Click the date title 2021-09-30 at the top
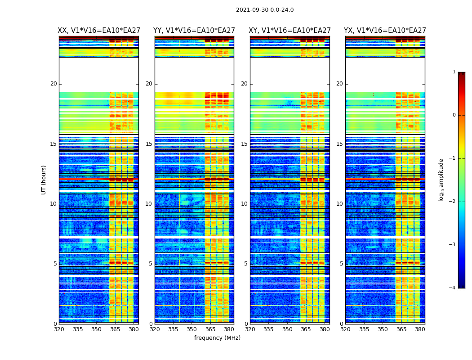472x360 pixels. (265, 10)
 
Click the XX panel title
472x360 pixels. (99, 31)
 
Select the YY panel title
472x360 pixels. (194, 31)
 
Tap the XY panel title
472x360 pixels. (290, 31)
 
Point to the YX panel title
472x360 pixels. (385, 31)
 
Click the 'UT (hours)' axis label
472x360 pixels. (44, 180)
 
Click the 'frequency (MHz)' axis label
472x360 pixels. (217, 338)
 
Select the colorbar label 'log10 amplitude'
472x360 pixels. (441, 180)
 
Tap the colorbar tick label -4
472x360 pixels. (453, 288)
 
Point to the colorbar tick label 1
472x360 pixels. (454, 72)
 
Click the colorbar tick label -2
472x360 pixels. (453, 202)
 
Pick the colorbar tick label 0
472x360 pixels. (454, 115)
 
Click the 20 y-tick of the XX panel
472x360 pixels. (53, 84)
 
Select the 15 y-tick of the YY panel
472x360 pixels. (149, 144)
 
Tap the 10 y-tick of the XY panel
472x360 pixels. (244, 204)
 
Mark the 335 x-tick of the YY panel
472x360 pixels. (174, 329)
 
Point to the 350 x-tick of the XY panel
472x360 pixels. (287, 329)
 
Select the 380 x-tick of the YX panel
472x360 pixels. (420, 329)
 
